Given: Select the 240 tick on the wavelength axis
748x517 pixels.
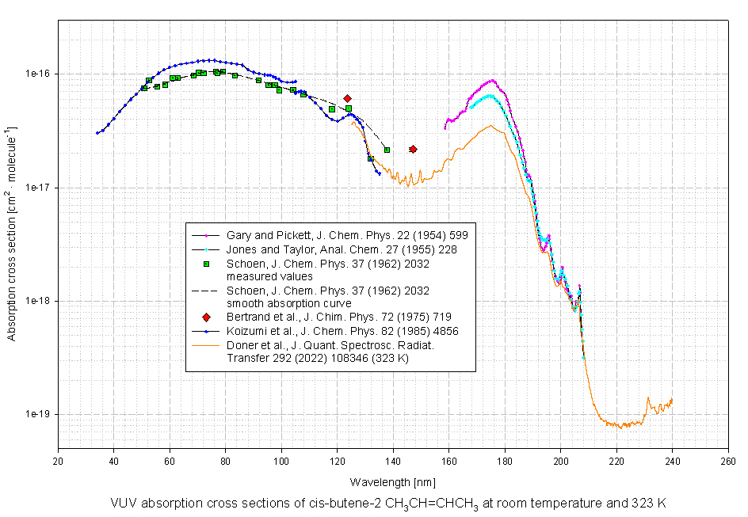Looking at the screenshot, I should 673,462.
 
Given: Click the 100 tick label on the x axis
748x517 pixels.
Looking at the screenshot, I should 281,462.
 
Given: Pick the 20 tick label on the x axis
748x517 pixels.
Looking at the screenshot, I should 58,462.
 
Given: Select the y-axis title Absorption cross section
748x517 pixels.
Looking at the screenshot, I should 12,234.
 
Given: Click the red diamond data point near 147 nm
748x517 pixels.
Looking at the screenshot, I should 413,149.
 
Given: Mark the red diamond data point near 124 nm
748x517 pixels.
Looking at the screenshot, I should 348,98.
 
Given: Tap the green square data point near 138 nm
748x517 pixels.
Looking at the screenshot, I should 387,150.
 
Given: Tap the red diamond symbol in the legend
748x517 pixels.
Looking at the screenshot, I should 206,317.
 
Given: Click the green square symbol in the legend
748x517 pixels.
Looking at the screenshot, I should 206,264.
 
